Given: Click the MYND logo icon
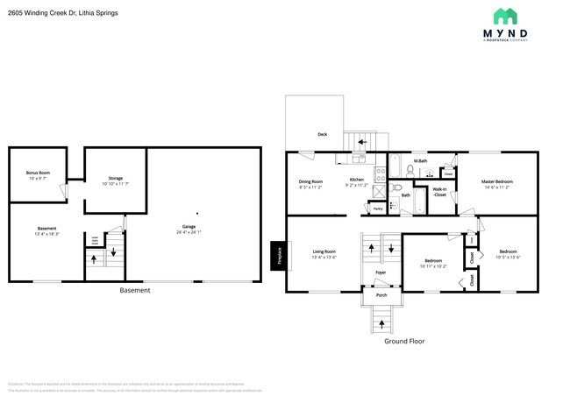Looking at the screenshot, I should [x=504, y=18].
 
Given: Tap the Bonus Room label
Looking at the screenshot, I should [x=38, y=173].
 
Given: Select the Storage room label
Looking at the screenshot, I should [x=115, y=178].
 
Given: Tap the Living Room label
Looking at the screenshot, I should [x=324, y=251].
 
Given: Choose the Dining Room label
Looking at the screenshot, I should [x=311, y=181].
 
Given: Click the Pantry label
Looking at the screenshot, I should [x=377, y=209].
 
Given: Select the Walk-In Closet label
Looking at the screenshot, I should [x=439, y=191].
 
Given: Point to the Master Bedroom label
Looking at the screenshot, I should [x=497, y=181].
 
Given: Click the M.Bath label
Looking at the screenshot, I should [x=420, y=160].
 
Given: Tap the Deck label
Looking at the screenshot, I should [x=322, y=135].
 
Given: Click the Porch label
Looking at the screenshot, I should [x=381, y=295].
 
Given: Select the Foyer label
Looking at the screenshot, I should [x=381, y=272].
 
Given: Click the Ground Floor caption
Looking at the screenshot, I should [x=403, y=341].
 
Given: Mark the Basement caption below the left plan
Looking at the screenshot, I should [x=134, y=290].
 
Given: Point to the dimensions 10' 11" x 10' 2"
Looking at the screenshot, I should [x=433, y=266].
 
